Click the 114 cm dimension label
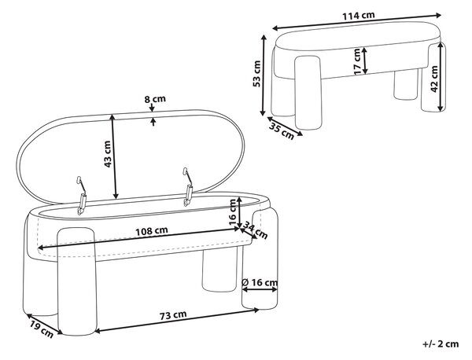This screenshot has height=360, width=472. click(358, 16)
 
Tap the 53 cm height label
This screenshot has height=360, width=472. click(256, 74)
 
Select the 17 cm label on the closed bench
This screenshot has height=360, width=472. click(357, 61)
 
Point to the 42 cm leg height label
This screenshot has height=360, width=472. click(434, 79)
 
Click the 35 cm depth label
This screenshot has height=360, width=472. click(281, 131)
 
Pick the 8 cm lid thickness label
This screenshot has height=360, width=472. click(155, 99)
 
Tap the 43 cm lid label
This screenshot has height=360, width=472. click(108, 154)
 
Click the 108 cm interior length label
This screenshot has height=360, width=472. click(151, 231)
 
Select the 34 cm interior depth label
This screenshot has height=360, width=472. click(255, 230)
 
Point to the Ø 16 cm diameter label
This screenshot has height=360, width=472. click(260, 282)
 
